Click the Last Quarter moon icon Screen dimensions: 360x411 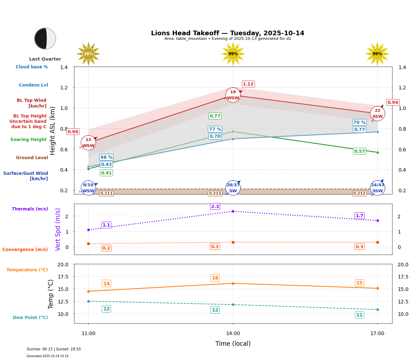[x=45, y=38]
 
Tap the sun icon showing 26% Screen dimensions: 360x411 [x=88, y=54]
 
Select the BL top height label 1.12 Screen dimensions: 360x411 [x=248, y=84]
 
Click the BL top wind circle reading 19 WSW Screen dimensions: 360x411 [x=233, y=95]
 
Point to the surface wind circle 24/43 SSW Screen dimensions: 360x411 [x=378, y=188]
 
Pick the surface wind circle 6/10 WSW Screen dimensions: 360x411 [x=88, y=188]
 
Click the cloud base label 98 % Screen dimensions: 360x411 [x=106, y=157]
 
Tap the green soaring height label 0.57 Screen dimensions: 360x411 [x=359, y=151]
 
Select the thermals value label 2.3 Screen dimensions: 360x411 [x=215, y=207]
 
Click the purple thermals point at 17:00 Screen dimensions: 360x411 [x=378, y=220]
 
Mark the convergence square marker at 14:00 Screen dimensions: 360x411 [x=233, y=242]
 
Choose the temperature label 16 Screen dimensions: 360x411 [x=215, y=278]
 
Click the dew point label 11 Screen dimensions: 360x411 [x=359, y=315]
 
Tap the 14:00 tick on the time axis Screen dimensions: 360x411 [x=233, y=333]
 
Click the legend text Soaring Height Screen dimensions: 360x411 [x=28, y=140]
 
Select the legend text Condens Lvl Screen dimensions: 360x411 [x=33, y=85]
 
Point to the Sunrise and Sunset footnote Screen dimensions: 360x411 [x=54, y=349]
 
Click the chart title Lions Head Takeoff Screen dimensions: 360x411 [x=228, y=33]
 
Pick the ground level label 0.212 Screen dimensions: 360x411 [x=359, y=193]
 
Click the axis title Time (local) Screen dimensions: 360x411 [x=233, y=344]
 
